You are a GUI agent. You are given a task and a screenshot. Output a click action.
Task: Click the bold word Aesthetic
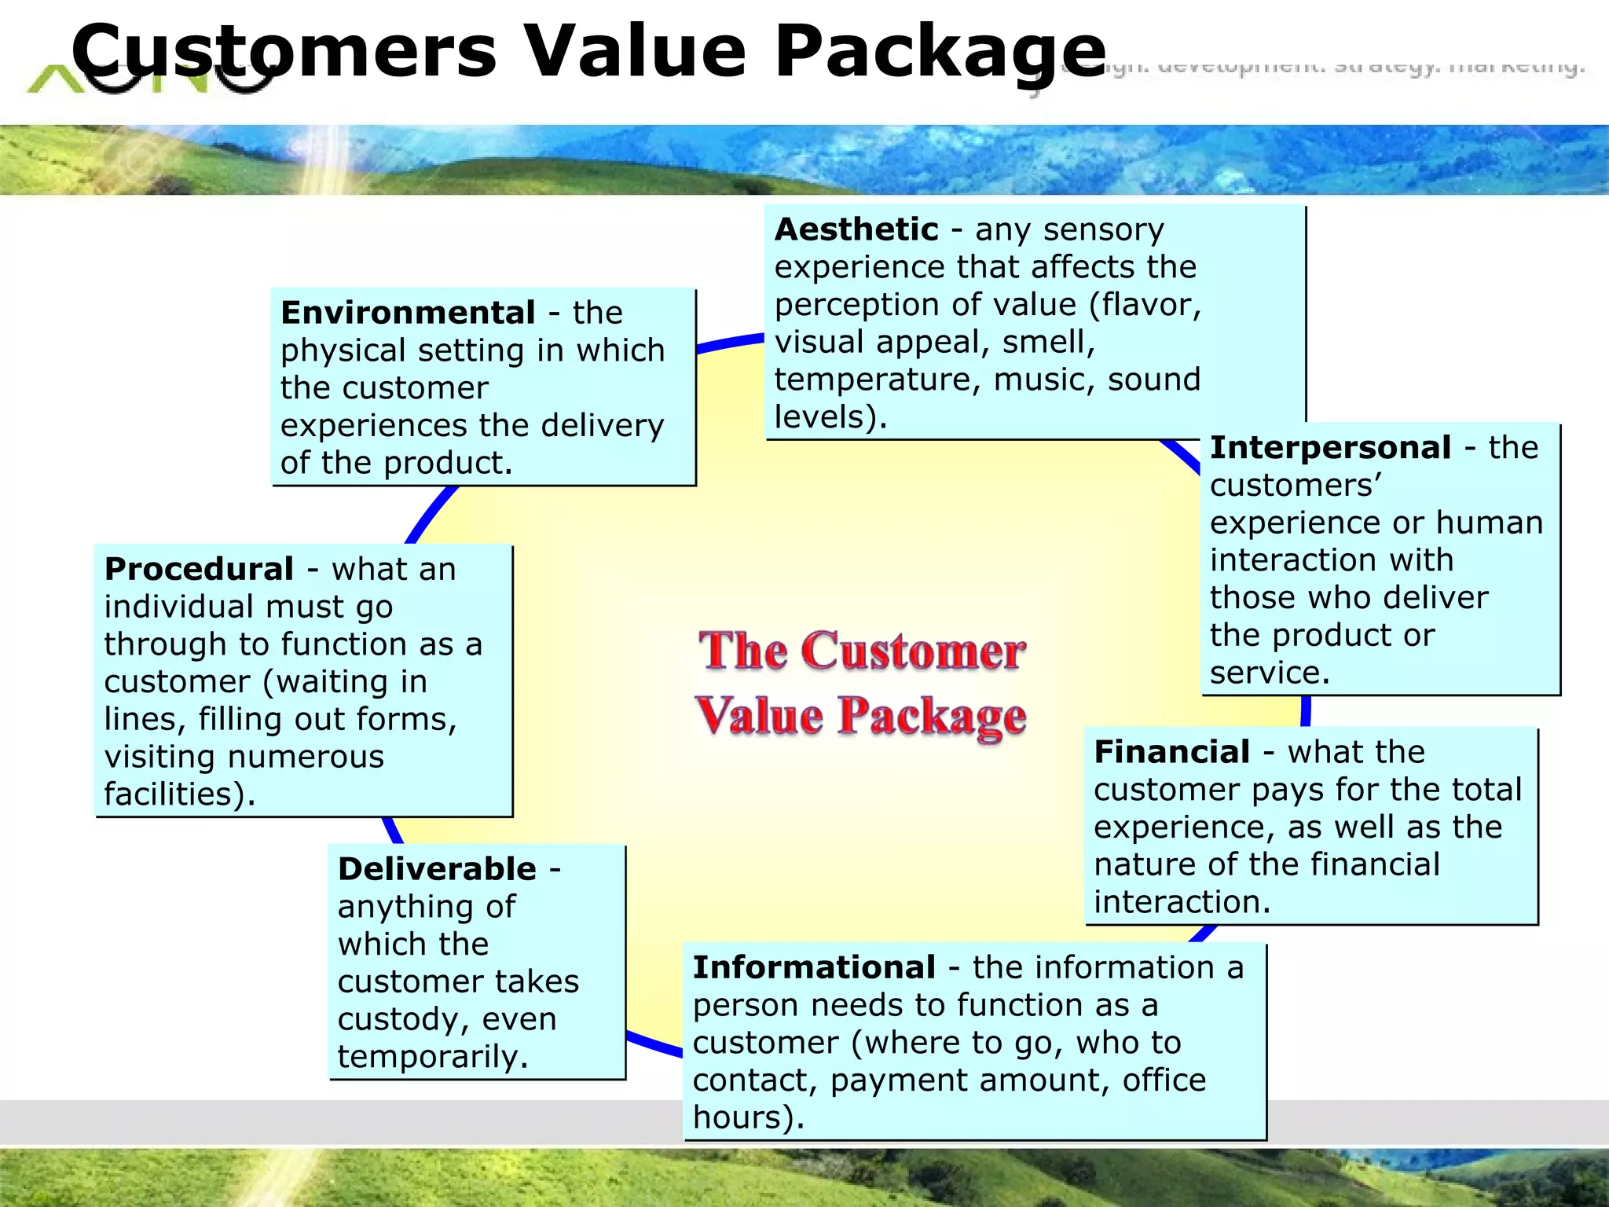[x=856, y=229]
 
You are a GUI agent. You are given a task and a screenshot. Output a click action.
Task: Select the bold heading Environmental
[x=408, y=313]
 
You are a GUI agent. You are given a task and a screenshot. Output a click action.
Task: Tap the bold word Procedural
[x=199, y=569]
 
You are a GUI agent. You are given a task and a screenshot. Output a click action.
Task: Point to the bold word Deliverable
[x=437, y=869]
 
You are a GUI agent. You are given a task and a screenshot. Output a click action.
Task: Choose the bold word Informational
[x=814, y=967]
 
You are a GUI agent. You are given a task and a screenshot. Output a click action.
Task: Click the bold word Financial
[x=1171, y=752]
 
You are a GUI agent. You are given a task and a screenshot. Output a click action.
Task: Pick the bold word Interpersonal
[x=1330, y=447]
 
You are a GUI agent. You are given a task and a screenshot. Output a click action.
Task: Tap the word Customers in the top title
[x=284, y=52]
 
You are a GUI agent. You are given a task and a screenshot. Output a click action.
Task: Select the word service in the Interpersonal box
[x=1265, y=673]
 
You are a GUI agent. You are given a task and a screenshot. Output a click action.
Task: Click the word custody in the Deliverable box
[x=399, y=1020]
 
